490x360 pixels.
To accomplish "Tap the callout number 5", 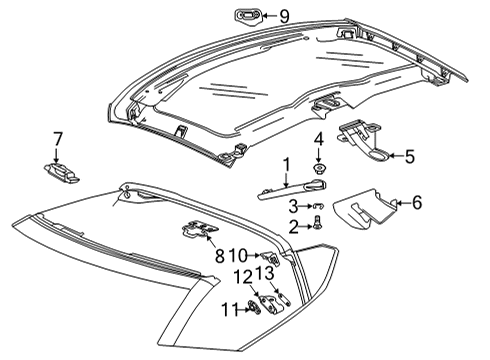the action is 408,156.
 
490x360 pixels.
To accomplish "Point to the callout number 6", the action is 417,203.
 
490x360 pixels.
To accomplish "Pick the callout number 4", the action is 319,138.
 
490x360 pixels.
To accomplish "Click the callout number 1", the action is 285,162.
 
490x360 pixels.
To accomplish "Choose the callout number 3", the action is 293,205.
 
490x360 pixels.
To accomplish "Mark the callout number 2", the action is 292,227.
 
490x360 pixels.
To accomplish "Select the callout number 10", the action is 244,255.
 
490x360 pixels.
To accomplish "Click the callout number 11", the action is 229,309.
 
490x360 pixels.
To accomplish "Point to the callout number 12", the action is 244,276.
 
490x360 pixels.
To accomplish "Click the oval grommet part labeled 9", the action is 246,15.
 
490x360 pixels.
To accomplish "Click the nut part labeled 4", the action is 319,167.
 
